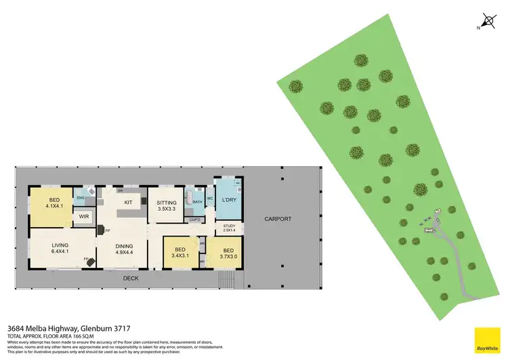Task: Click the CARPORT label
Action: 278,219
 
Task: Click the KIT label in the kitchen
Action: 127,202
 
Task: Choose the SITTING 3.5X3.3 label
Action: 166,206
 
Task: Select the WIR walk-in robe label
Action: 85,217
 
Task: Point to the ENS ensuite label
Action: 80,198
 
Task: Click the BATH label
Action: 198,202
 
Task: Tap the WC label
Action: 210,199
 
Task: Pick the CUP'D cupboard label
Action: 195,219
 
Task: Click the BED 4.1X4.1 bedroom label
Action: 49,201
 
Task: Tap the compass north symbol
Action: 485,21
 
